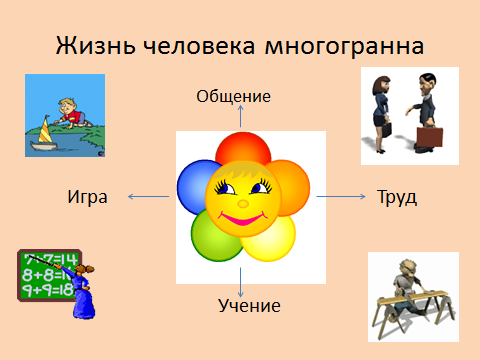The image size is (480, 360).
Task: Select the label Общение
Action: (x=234, y=96)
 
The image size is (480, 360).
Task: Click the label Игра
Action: (x=86, y=196)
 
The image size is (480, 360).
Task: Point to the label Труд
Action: (x=396, y=196)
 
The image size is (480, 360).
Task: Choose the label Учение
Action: (x=249, y=304)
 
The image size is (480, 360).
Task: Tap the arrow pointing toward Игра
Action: (x=149, y=197)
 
